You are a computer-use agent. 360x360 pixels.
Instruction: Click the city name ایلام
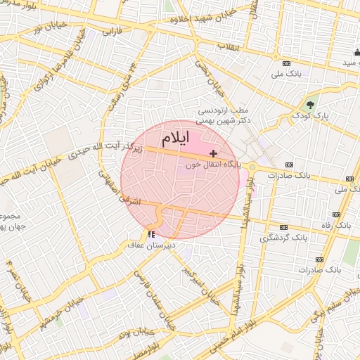(181, 136)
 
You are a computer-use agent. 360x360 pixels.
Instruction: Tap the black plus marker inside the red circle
(213, 153)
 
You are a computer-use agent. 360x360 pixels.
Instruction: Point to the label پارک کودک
(311, 115)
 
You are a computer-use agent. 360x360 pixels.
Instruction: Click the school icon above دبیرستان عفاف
(151, 234)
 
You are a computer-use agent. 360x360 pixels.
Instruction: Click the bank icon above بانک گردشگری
(283, 227)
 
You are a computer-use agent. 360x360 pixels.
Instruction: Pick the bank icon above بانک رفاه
(337, 214)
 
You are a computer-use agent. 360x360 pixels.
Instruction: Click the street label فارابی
(112, 32)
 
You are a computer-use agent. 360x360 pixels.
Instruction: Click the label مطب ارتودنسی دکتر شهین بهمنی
(223, 116)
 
